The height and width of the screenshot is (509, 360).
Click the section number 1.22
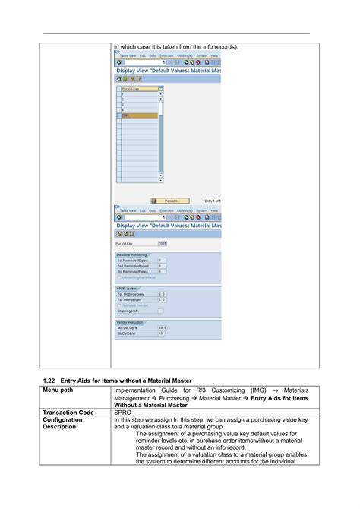tap(47, 378)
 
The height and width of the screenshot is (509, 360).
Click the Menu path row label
tap(58, 390)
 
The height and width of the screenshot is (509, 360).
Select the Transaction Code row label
tap(69, 412)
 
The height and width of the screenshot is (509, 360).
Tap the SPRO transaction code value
tap(123, 412)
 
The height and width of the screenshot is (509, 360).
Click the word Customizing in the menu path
tap(232, 390)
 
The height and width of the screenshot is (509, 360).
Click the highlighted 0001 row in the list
tap(139, 115)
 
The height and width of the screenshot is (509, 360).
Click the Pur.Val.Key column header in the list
tap(139, 89)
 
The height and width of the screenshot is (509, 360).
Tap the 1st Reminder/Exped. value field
tap(160, 261)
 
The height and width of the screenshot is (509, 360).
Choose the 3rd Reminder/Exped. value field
tap(160, 271)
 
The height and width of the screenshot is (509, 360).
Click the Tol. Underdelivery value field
tap(161, 294)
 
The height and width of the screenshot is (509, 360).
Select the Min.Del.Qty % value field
tap(161, 327)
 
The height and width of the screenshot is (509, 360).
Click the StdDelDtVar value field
tap(160, 333)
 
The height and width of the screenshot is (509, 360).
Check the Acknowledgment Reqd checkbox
tap(118, 277)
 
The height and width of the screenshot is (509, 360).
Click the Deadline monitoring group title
tap(134, 254)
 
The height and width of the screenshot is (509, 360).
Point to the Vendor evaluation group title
tap(132, 321)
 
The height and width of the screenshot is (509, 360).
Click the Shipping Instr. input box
tap(160, 311)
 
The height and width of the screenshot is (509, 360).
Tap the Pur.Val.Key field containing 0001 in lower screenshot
tap(162, 243)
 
